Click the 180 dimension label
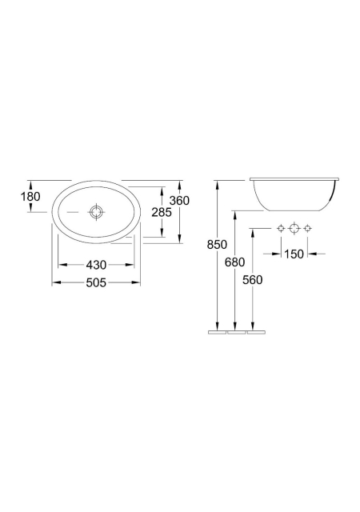[30, 197]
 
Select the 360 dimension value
[179, 201]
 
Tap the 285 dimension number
[162, 212]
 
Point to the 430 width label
[96, 265]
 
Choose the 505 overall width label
[96, 282]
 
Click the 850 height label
[217, 244]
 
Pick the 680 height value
[234, 262]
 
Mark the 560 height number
[253, 280]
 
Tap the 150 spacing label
[294, 254]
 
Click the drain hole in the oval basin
[96, 212]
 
